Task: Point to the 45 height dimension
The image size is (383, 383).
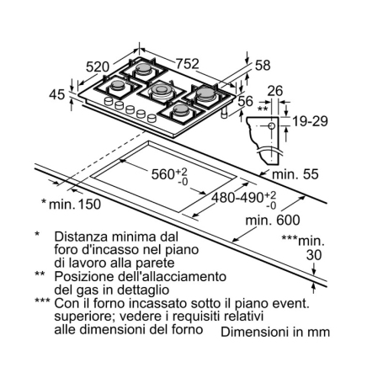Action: point(57,95)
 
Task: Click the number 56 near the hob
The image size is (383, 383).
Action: point(245,102)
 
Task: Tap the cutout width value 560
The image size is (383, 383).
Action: point(157,175)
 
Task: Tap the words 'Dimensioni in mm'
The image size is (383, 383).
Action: point(275,332)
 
